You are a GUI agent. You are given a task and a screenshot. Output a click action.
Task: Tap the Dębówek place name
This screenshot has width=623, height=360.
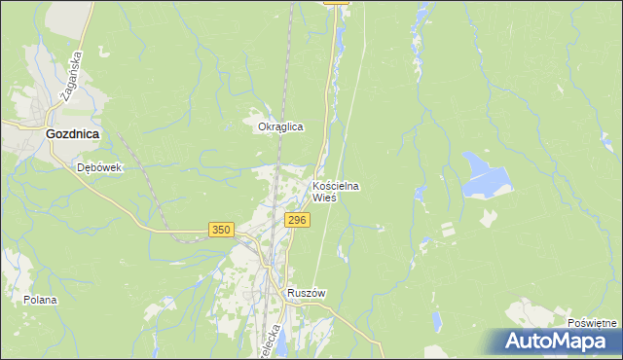98,167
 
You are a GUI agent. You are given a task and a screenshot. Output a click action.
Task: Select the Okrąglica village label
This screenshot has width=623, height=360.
280,126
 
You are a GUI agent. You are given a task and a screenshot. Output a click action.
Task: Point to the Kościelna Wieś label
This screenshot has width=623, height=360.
336,191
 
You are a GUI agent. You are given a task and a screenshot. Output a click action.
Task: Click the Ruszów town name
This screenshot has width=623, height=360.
305,293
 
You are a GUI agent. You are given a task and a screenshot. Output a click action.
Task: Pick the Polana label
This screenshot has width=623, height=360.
41,300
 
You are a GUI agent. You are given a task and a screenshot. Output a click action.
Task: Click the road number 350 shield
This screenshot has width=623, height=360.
221,230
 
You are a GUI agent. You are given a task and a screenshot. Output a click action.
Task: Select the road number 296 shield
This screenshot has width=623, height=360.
298,221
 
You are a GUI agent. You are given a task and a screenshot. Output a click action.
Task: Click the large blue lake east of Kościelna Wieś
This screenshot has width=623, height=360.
487,174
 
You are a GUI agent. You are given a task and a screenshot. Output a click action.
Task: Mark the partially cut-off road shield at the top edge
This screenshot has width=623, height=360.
336,3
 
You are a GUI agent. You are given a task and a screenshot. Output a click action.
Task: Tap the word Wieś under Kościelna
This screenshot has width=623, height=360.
324,197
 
